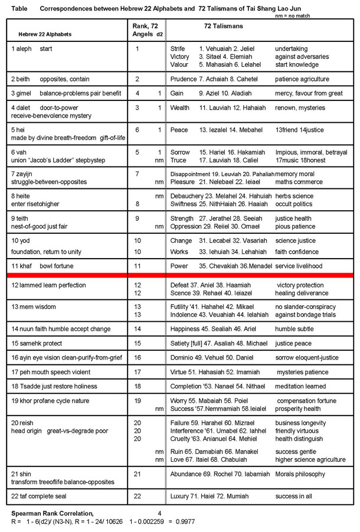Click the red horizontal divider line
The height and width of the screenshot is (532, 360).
180,275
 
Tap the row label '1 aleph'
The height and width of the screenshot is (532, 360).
21,48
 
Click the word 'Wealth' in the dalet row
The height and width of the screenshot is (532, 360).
181,109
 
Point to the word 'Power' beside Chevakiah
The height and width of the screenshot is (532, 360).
179,266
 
